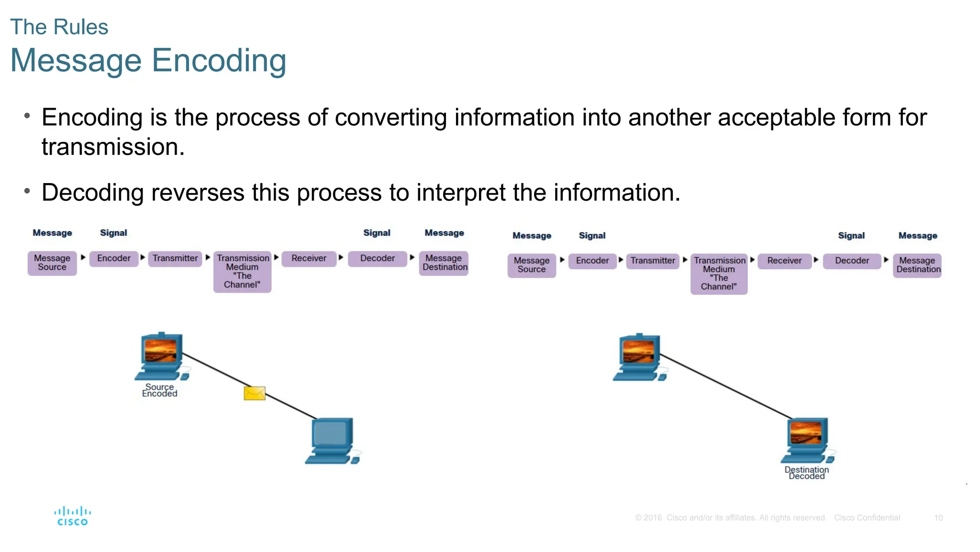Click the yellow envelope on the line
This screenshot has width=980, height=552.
(255, 393)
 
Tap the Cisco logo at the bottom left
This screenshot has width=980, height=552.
(72, 517)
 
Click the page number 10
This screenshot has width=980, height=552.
(938, 518)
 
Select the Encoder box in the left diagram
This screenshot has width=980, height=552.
(114, 259)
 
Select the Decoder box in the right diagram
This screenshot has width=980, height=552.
(852, 261)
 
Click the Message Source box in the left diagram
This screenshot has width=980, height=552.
(52, 263)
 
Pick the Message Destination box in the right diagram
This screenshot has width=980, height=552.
(917, 265)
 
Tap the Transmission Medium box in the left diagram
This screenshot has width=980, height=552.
(242, 271)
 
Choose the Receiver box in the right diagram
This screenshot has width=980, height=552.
(784, 261)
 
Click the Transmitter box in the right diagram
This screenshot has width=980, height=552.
(653, 261)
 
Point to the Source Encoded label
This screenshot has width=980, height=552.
(160, 390)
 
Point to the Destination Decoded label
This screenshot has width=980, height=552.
(807, 473)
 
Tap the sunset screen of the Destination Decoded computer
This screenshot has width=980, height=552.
(806, 432)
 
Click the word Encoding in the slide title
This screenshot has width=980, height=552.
(219, 61)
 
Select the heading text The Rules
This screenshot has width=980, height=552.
(59, 27)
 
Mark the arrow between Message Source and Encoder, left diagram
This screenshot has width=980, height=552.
(83, 258)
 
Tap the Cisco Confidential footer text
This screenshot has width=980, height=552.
(867, 518)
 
